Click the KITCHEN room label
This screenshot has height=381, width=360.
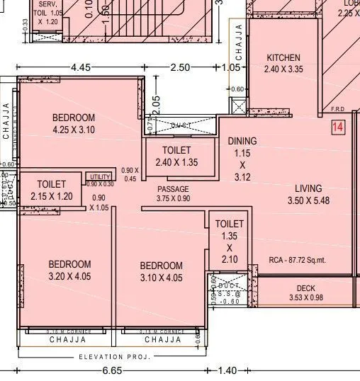tap(283, 57)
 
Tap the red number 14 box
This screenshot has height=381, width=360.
tap(338, 127)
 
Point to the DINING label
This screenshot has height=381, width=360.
tap(242, 141)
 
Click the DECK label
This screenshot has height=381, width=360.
tap(305, 288)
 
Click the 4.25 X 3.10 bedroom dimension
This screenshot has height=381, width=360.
tap(73, 130)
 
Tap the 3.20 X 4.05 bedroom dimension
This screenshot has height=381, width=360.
tap(69, 276)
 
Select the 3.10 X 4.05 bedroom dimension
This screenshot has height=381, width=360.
tap(161, 278)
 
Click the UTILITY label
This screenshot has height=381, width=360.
tap(100, 176)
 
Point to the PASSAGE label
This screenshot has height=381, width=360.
tap(173, 189)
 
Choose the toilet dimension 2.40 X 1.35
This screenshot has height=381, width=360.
tap(176, 162)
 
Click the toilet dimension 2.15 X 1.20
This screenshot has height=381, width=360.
tap(52, 196)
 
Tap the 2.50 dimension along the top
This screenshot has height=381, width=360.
tap(180, 67)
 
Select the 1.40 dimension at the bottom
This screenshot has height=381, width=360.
tap(227, 370)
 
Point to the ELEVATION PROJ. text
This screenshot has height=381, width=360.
tap(115, 357)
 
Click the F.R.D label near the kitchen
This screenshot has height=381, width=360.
tap(337, 110)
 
